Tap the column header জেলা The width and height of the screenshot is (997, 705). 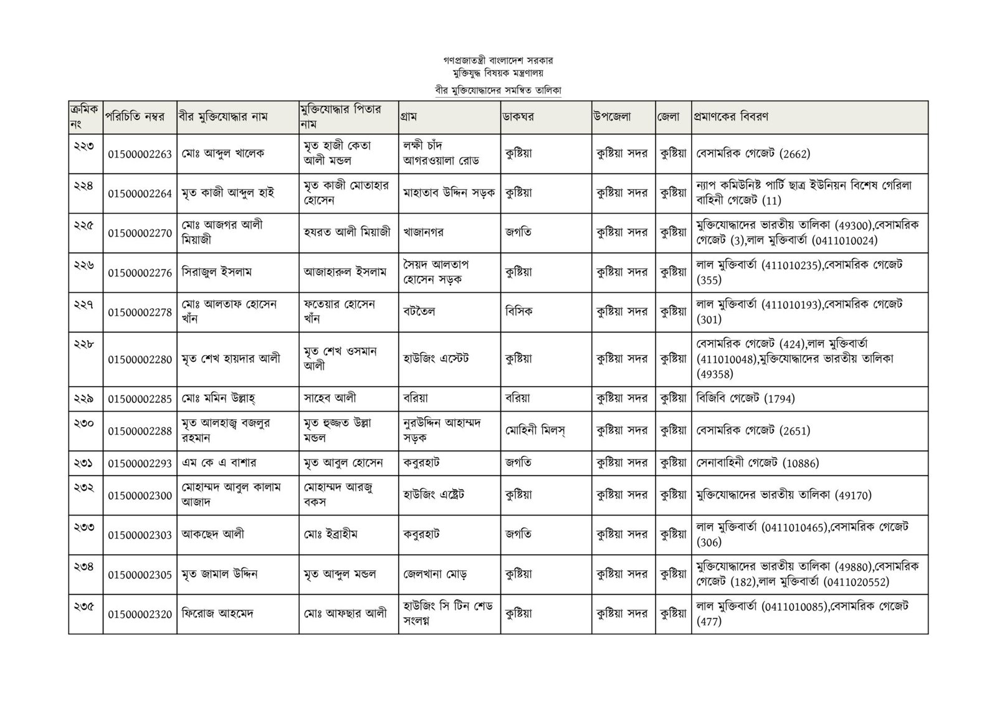click(672, 116)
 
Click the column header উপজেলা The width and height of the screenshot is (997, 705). click(613, 116)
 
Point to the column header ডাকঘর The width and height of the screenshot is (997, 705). click(520, 116)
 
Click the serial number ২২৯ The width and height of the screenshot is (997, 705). click(83, 393)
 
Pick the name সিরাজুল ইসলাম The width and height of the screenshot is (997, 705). click(217, 272)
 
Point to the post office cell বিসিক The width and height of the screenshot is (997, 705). click(519, 311)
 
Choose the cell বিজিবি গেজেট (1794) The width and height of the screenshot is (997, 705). click(746, 398)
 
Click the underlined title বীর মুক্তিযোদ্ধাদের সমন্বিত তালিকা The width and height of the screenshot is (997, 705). click(499, 90)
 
